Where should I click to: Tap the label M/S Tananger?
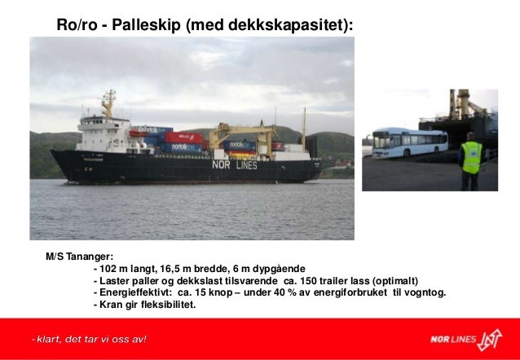click(x=79, y=257)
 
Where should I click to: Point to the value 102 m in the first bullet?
click(x=112, y=269)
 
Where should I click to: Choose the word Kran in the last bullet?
click(x=113, y=305)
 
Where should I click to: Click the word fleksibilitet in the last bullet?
click(x=168, y=305)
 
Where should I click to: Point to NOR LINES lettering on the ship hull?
click(x=234, y=165)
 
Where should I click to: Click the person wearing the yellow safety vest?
click(x=471, y=160)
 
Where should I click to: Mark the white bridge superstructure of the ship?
click(x=102, y=134)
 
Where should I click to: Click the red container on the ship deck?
click(x=184, y=138)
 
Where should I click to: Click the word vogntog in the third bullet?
click(x=425, y=292)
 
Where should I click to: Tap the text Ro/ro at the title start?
click(x=73, y=25)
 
